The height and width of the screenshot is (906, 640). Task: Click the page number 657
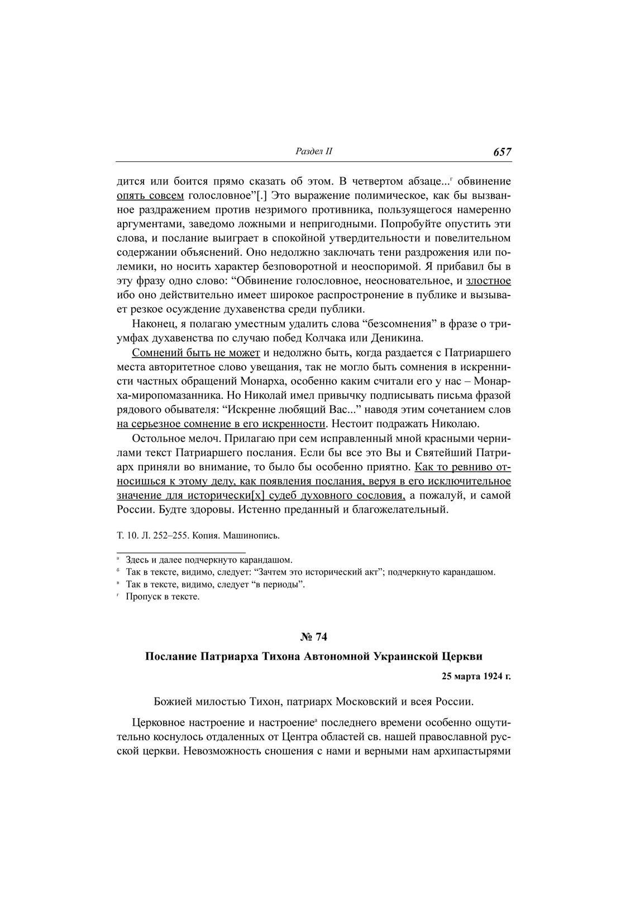click(502, 152)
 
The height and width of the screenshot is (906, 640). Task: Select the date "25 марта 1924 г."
click(476, 676)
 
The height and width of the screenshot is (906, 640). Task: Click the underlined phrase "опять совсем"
click(150, 196)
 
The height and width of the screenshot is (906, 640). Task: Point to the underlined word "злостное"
click(488, 280)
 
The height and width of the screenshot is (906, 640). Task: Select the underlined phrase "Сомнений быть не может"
click(196, 352)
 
